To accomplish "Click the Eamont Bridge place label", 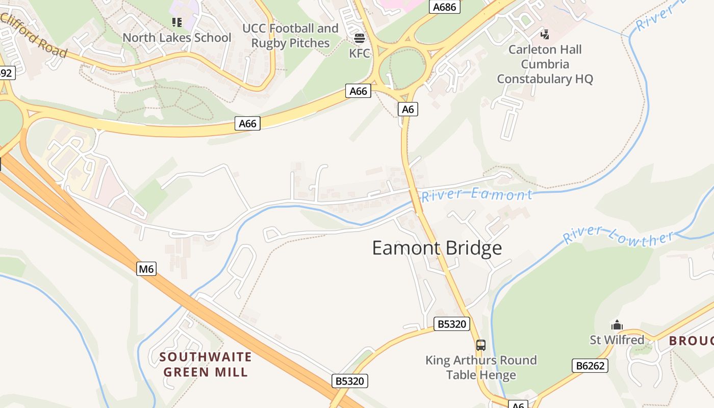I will (437, 248).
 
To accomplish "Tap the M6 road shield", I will (146, 269).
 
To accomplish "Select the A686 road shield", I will (445, 7).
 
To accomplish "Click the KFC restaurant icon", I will (360, 38).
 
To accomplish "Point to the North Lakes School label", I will (176, 38).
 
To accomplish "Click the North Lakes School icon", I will (177, 22).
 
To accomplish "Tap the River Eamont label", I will (476, 195).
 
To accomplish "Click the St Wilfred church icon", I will (617, 325).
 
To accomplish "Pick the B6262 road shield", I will (590, 365).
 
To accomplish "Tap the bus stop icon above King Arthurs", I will (481, 345).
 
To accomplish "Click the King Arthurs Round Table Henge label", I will (481, 367).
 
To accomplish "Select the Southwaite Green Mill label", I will (206, 364).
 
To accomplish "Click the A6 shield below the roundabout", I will (407, 109).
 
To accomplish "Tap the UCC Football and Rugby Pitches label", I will (290, 36).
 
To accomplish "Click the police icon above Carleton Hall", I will (545, 34).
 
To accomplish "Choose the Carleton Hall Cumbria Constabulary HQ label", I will (545, 64).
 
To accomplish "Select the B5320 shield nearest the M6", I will (350, 380).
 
